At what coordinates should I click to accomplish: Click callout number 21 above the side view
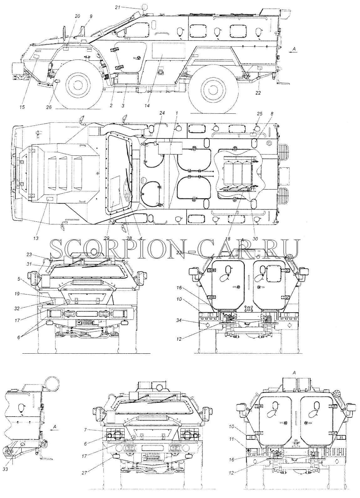pos(118,7)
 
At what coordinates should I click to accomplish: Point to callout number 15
pos(22,107)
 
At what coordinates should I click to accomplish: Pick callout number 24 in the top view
pos(162,113)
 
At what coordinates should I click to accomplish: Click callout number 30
pos(255,239)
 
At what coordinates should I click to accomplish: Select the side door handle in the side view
pos(136,58)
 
